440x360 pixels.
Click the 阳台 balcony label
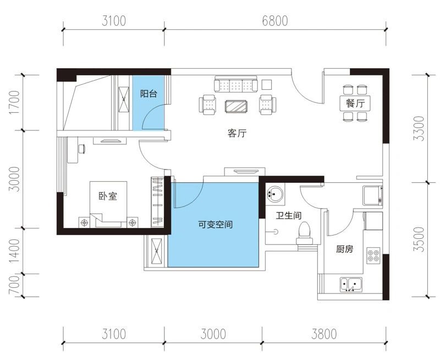pyautogui.click(x=148, y=94)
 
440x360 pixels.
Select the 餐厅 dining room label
pyautogui.click(x=355, y=102)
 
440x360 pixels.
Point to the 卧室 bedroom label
pyautogui.click(x=108, y=197)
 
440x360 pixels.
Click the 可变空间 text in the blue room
pyautogui.click(x=215, y=225)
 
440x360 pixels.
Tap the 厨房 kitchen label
pyautogui.click(x=344, y=249)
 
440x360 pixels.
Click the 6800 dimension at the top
pyautogui.click(x=275, y=21)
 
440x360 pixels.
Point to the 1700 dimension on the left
pyautogui.click(x=15, y=102)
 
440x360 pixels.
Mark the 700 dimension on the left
pyautogui.click(x=15, y=285)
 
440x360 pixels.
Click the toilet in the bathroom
pyautogui.click(x=304, y=232)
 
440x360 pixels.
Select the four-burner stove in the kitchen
pyautogui.click(x=373, y=256)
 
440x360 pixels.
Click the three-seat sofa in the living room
pyautogui.click(x=237, y=85)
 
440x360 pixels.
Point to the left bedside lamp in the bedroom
pyautogui.click(x=84, y=222)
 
